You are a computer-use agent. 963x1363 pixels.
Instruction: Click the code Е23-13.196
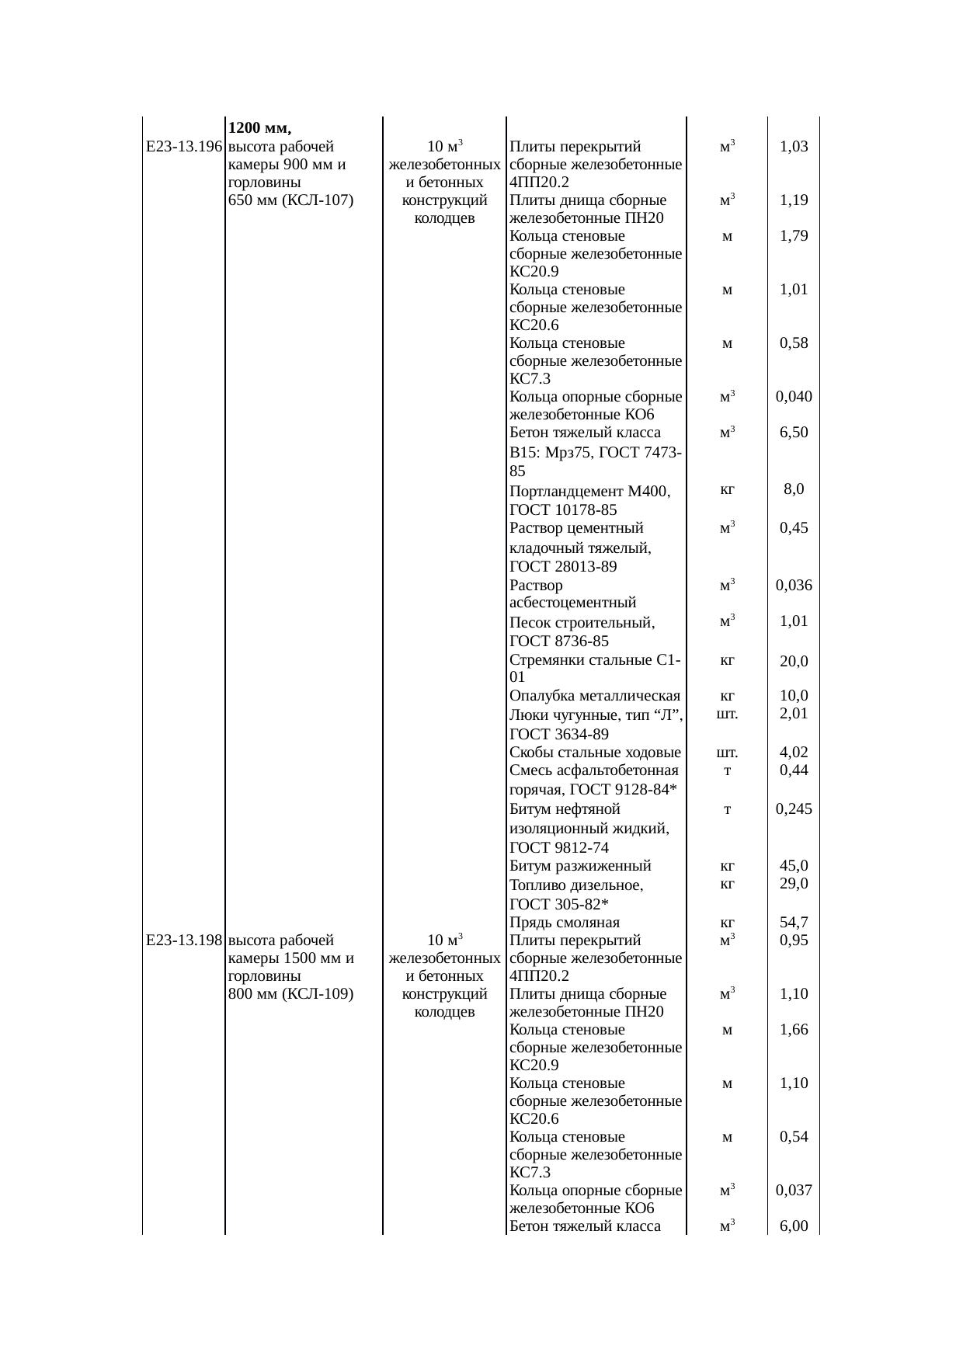click(185, 147)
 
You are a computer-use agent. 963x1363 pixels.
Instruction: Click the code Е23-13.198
click(185, 941)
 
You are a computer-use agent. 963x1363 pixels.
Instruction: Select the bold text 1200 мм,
click(259, 127)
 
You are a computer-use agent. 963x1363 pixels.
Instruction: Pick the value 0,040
click(794, 397)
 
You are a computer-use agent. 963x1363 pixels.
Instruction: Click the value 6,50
click(794, 433)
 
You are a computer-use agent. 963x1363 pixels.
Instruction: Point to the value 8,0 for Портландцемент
click(794, 489)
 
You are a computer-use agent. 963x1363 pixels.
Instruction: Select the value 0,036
click(794, 586)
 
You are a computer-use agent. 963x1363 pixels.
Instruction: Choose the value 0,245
click(794, 809)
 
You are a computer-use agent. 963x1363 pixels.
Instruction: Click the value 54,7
click(794, 923)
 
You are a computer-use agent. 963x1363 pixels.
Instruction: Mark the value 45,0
click(794, 866)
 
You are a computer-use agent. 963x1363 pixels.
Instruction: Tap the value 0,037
click(794, 1191)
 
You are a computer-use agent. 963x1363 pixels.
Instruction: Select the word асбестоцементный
click(573, 603)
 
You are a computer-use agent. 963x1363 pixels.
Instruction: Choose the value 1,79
click(794, 236)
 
